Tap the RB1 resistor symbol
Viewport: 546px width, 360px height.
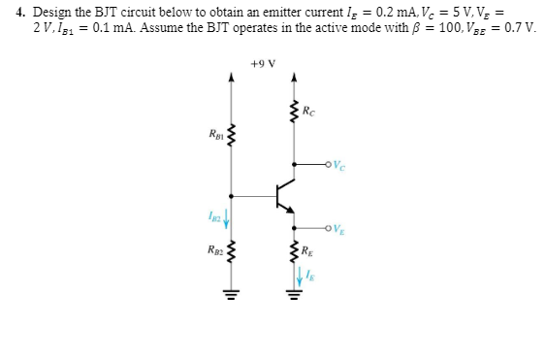(231, 135)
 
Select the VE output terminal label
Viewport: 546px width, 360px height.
(342, 230)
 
